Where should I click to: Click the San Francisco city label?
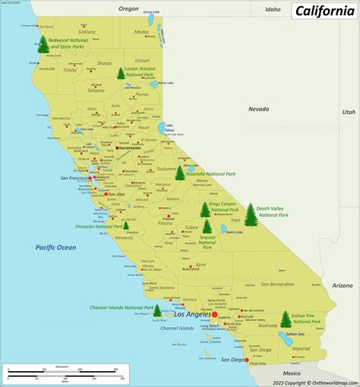(74, 178)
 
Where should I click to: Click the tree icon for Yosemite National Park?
(180, 173)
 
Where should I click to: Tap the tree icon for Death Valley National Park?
(251, 215)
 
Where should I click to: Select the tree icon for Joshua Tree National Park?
(286, 319)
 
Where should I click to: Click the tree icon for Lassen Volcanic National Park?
(121, 74)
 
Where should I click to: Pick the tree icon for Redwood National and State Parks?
(43, 45)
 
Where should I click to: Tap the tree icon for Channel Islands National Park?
(157, 310)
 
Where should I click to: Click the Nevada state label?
(258, 109)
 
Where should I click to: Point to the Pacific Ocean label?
(55, 247)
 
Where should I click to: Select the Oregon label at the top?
(128, 8)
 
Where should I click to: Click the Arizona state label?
(342, 285)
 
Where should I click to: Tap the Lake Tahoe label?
(169, 126)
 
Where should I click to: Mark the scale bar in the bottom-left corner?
(65, 374)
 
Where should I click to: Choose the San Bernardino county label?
(276, 284)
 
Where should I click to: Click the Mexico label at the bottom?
(292, 373)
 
